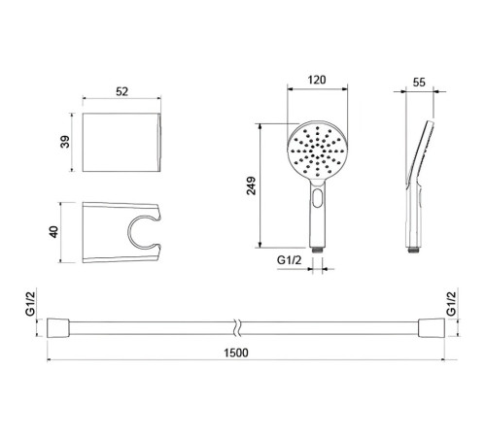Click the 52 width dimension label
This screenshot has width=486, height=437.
[121, 91]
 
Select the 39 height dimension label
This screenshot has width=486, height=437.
[65, 142]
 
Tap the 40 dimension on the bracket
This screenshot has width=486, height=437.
[53, 232]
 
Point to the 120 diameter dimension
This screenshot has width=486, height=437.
[317, 80]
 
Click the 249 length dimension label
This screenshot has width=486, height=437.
[251, 185]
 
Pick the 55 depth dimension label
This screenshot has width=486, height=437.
[419, 83]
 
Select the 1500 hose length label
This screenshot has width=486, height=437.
[236, 353]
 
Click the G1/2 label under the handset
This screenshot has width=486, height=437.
[290, 260]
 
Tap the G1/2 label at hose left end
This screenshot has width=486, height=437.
[30, 303]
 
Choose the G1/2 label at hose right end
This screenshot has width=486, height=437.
[451, 303]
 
